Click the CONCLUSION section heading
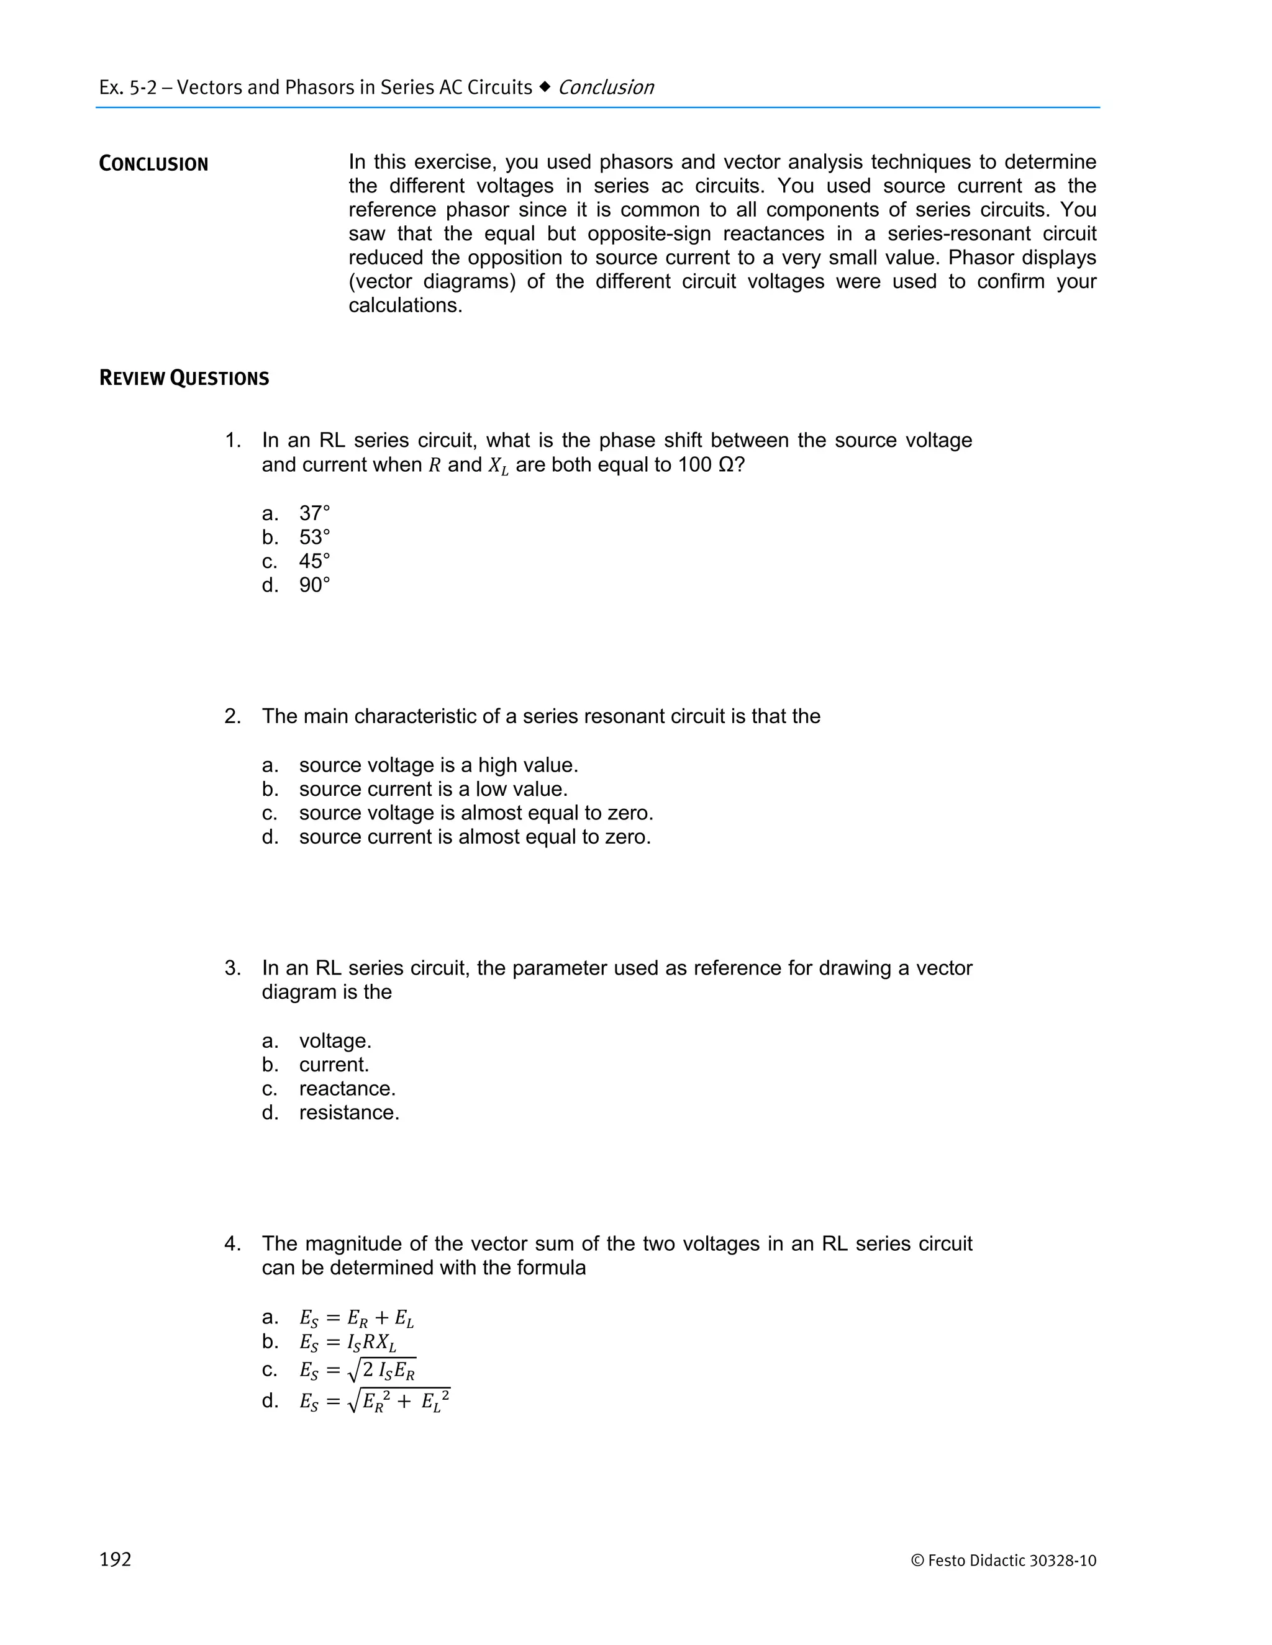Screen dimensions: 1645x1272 coord(154,164)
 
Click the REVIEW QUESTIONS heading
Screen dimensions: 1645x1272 coord(184,378)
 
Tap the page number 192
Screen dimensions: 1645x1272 coord(116,1560)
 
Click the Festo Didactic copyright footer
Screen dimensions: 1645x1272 coord(1004,1561)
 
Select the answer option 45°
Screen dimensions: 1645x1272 coord(314,561)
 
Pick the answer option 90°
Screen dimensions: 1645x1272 coord(314,585)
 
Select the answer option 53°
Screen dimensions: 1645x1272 coord(314,537)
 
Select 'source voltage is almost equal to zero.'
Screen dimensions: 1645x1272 coord(476,813)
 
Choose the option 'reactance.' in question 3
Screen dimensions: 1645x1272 coord(347,1088)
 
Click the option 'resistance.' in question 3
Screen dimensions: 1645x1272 coord(349,1112)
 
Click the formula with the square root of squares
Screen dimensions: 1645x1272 coord(375,1402)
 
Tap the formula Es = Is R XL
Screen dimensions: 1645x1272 coord(347,1342)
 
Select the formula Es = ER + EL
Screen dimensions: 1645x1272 coord(357,1318)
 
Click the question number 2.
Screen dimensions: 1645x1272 coord(232,716)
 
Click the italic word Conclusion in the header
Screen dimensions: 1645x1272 coord(606,88)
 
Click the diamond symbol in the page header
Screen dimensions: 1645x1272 coord(545,88)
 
